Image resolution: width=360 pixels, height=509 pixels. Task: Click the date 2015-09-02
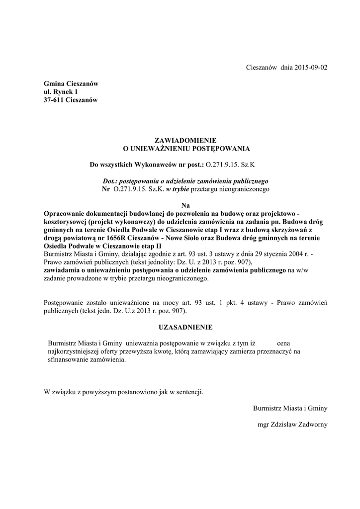click(308, 68)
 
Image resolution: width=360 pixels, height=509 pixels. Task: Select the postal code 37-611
click(53, 100)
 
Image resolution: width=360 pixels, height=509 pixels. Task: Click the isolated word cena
click(283, 343)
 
